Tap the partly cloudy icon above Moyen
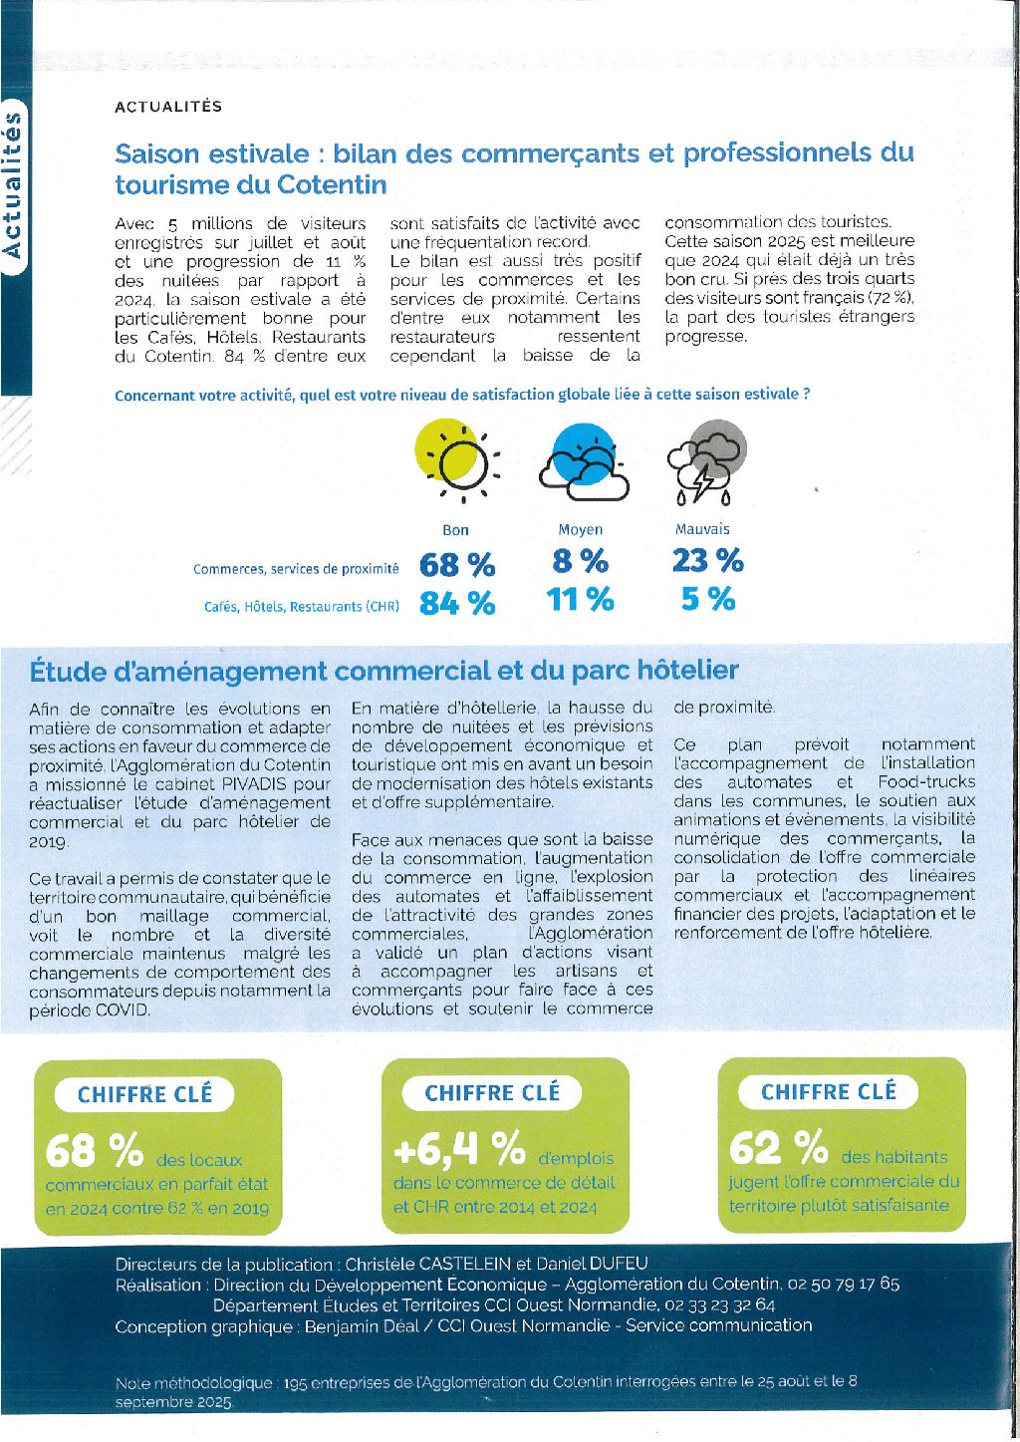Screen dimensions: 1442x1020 tap(584, 460)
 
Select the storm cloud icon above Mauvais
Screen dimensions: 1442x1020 tap(706, 460)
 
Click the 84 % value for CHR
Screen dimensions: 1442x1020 tap(457, 603)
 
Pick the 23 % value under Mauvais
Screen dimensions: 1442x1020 tap(707, 560)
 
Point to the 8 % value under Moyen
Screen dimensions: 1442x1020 tap(581, 561)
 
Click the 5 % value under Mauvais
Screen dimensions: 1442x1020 tap(708, 599)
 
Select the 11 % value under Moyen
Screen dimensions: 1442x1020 tap(581, 599)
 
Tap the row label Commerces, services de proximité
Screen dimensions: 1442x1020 tap(296, 569)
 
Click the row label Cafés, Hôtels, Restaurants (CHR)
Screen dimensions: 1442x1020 tap(301, 606)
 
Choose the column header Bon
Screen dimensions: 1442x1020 tap(455, 530)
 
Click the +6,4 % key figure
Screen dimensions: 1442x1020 tap(459, 1150)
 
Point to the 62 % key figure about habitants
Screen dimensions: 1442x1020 tap(778, 1148)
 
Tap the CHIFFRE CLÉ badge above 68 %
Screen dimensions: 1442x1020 tap(145, 1094)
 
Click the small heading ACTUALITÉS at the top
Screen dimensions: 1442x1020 tap(168, 107)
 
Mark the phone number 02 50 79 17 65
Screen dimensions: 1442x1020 tap(843, 1285)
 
